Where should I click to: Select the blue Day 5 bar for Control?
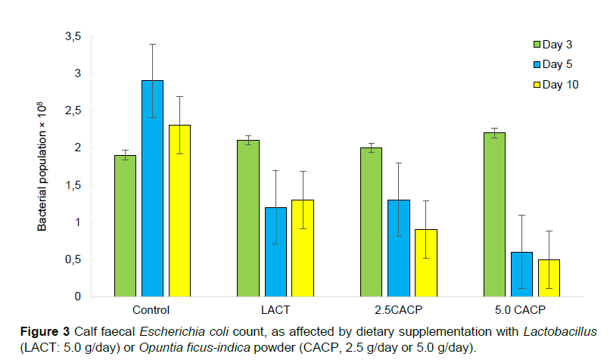[x=152, y=188]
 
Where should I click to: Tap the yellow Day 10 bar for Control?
[x=179, y=211]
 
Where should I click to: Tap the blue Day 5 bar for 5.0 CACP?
[x=521, y=274]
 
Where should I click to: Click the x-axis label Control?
[x=151, y=310]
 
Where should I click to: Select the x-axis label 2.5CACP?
[x=398, y=310]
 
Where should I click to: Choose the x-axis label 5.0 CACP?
[x=521, y=310]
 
